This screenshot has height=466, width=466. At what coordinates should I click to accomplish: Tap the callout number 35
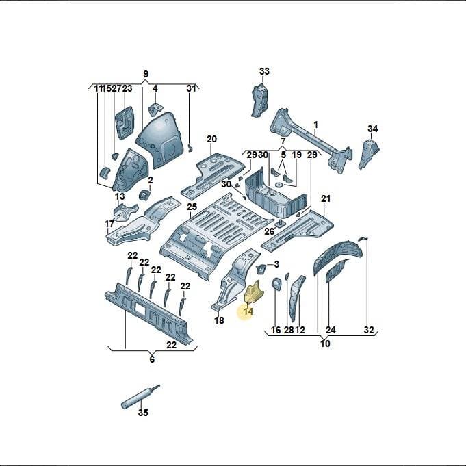point(143,413)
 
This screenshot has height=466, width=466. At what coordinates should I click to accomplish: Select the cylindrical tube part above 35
point(140,396)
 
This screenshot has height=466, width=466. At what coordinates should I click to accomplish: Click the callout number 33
point(264,71)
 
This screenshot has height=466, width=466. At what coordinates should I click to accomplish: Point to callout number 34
point(373,129)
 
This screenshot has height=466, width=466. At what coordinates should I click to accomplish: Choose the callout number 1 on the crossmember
point(316,125)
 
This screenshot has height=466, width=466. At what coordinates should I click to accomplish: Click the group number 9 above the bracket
point(146,74)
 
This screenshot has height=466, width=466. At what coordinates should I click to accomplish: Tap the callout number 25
point(192,207)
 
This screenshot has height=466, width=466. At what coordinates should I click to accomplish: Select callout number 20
point(212,139)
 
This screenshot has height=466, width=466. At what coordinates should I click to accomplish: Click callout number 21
point(326,198)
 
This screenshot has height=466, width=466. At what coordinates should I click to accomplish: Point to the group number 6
point(152,359)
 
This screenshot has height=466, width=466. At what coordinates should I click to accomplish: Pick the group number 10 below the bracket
point(326,344)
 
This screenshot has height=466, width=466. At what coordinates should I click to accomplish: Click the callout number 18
point(219,320)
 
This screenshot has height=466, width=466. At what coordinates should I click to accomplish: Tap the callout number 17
point(109,224)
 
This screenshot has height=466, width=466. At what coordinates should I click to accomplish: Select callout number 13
point(120,196)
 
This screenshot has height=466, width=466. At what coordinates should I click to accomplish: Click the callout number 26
point(270,231)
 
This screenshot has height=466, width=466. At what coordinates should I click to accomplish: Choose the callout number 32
point(369,330)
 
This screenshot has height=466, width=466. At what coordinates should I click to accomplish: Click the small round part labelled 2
point(144,195)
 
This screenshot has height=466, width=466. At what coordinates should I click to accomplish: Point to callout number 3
point(276,264)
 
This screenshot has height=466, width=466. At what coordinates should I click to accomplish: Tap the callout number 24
point(331,330)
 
